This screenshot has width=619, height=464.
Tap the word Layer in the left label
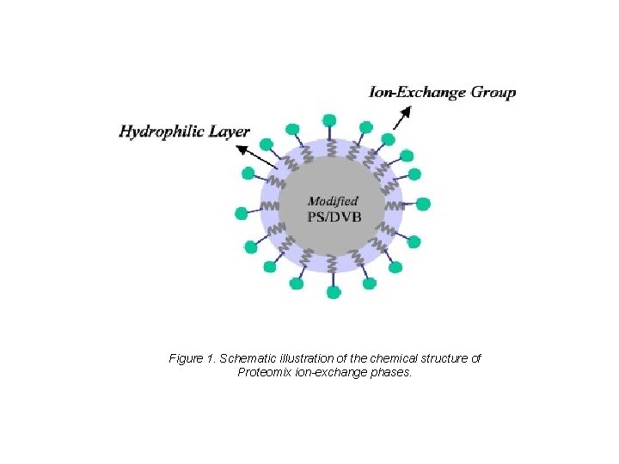(x=230, y=131)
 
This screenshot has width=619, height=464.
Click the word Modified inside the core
(x=334, y=201)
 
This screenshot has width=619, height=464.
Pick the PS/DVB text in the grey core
(x=334, y=217)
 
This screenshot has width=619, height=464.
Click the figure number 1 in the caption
(x=211, y=358)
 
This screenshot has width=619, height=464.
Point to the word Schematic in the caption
(x=248, y=358)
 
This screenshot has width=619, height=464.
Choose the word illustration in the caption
(x=305, y=358)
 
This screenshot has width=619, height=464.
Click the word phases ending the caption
(x=394, y=373)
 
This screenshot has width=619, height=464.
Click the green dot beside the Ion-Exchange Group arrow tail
(x=388, y=138)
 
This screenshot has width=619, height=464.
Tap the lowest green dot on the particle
(x=334, y=292)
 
